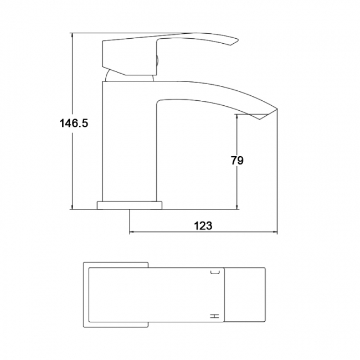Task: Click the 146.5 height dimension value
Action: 74,124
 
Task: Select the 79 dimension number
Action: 236,161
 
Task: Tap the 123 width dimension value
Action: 203,226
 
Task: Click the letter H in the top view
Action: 215,316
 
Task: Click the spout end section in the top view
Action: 245,294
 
